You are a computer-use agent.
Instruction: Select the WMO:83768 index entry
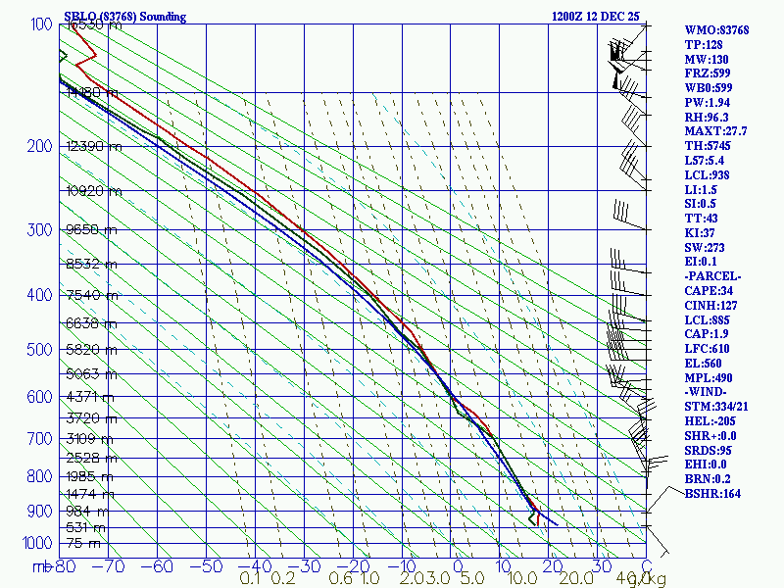(716, 30)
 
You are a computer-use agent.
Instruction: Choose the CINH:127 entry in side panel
(711, 306)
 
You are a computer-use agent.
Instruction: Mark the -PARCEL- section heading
(712, 276)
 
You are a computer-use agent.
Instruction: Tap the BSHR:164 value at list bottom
(712, 494)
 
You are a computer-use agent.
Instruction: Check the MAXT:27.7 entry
(715, 131)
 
